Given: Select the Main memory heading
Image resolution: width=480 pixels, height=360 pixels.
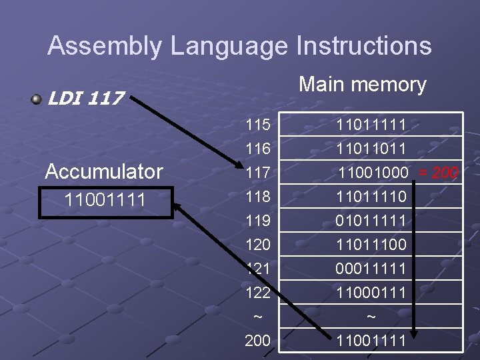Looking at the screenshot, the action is (x=363, y=84).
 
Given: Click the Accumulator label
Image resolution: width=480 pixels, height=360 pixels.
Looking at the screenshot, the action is (x=103, y=171).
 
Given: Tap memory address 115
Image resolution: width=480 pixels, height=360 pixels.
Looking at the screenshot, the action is (x=257, y=125).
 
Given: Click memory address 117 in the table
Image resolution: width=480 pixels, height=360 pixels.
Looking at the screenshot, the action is (x=257, y=173).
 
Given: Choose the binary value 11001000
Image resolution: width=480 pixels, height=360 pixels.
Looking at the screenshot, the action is (x=373, y=173).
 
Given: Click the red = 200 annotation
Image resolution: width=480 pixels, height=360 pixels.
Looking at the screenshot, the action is (x=438, y=173).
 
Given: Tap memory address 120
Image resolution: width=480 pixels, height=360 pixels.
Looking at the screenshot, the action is (x=257, y=245).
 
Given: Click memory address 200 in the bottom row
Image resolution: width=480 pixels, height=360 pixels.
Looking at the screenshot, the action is (x=257, y=341).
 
